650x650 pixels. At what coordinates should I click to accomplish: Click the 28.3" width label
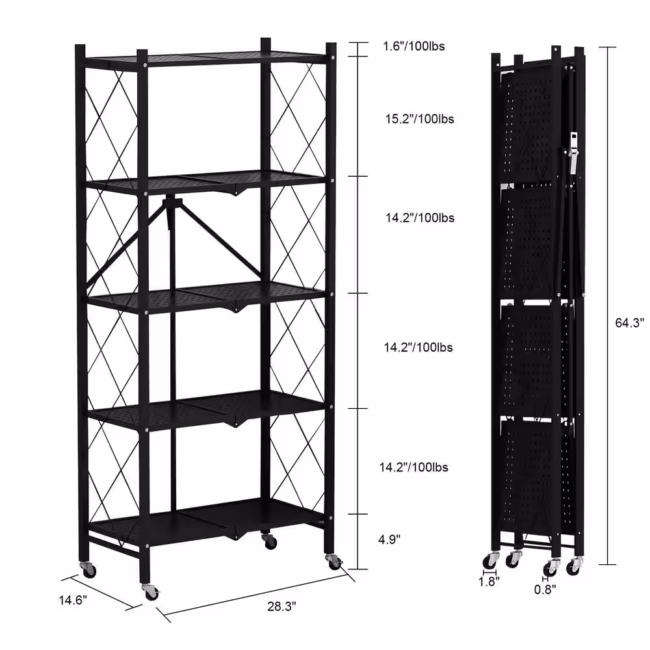tap(281, 606)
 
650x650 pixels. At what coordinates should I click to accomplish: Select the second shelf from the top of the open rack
tap(208, 180)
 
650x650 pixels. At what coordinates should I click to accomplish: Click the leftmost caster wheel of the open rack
tap(88, 570)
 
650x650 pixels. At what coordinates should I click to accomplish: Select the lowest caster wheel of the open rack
tap(150, 593)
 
